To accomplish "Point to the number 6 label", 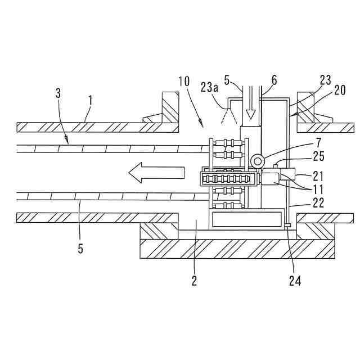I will pyautogui.click(x=274, y=80).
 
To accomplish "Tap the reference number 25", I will pyautogui.click(x=303, y=156).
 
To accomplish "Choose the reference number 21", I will pyautogui.click(x=303, y=176).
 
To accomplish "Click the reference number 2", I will pyautogui.click(x=194, y=280).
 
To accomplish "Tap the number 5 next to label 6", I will pyautogui.click(x=227, y=80).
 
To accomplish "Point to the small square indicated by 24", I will pyautogui.click(x=287, y=226).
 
